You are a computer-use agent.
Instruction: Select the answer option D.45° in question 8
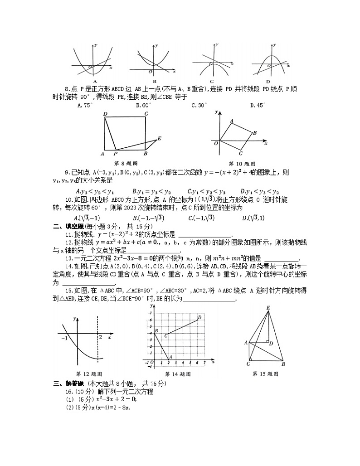[x=258, y=105]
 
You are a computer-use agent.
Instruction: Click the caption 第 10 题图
[x=242, y=163]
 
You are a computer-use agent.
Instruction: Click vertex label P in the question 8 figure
[x=115, y=154]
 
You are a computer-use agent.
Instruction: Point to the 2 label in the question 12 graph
[x=100, y=338]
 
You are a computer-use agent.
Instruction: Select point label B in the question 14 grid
[x=156, y=331]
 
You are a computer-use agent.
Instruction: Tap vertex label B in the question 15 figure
[x=283, y=364]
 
